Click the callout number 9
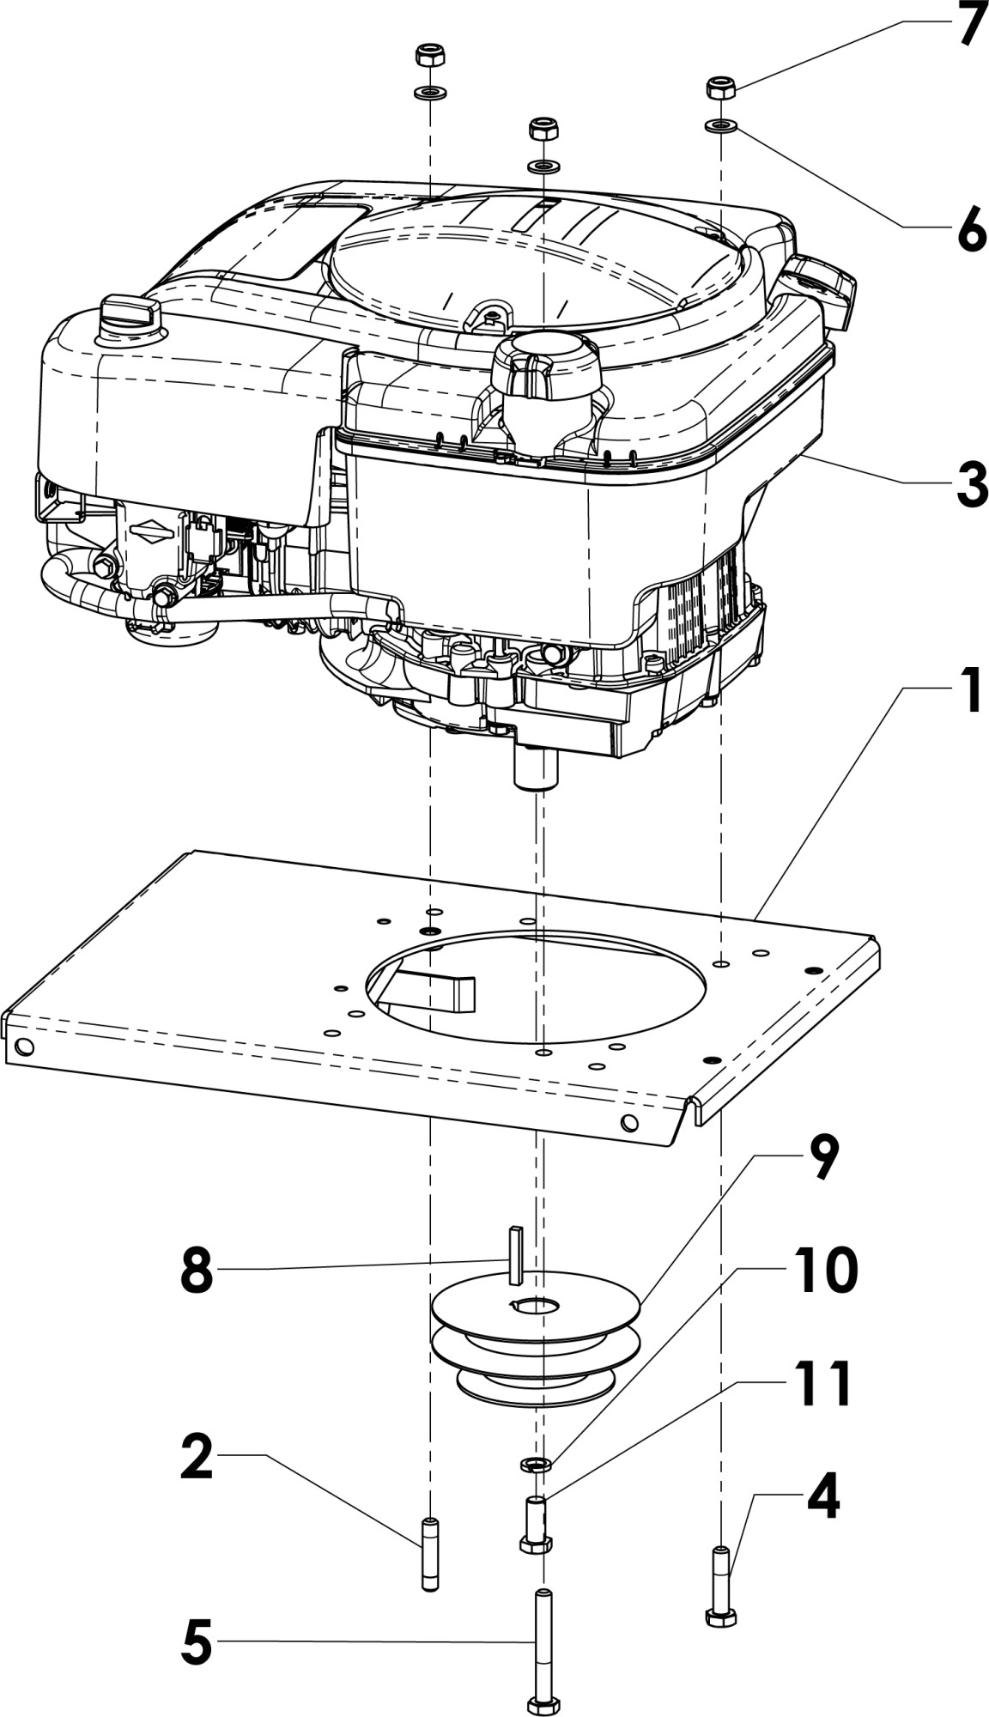pos(822,1158)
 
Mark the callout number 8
pos(197,1271)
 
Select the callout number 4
pos(822,1497)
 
